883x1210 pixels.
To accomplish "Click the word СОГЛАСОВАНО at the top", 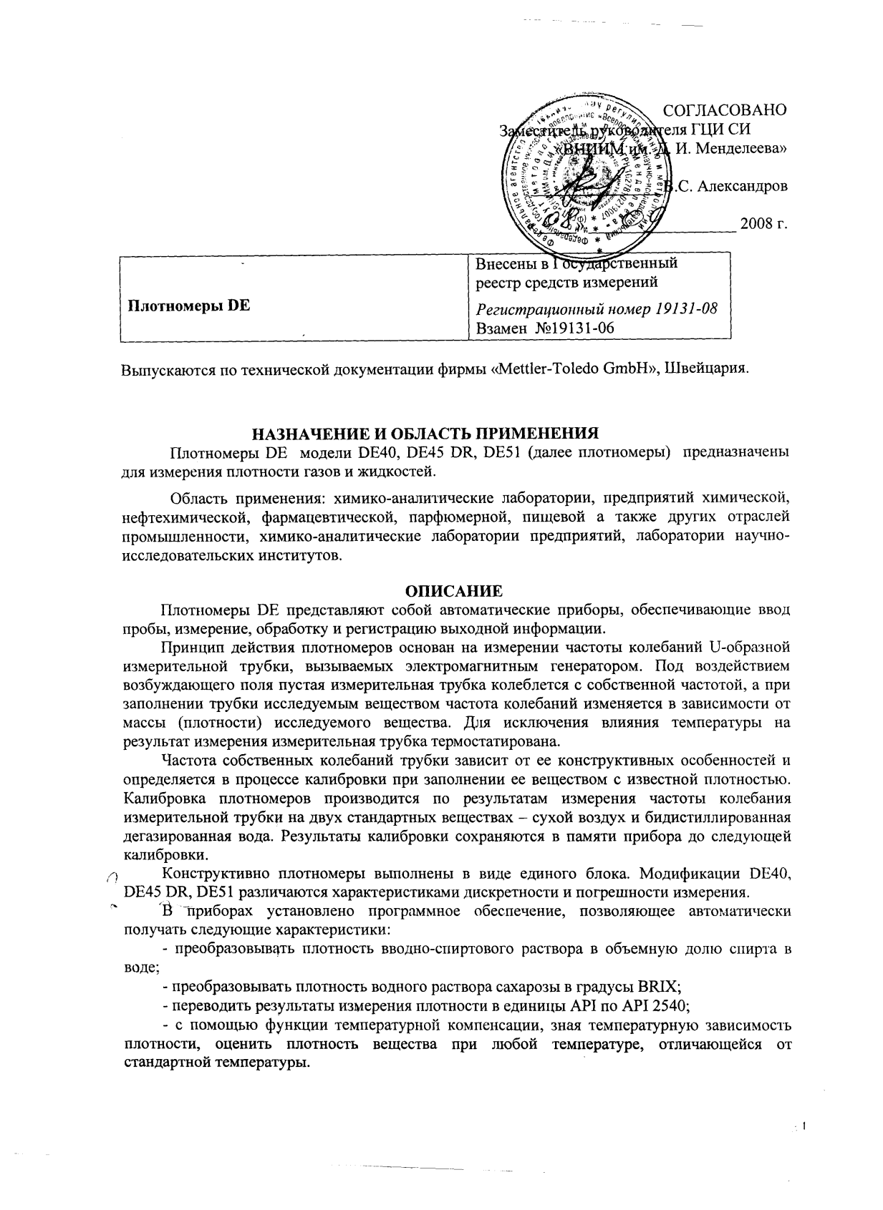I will tap(725, 111).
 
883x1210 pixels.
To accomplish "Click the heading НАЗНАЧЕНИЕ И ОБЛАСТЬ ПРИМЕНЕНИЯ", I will tap(423, 434).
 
